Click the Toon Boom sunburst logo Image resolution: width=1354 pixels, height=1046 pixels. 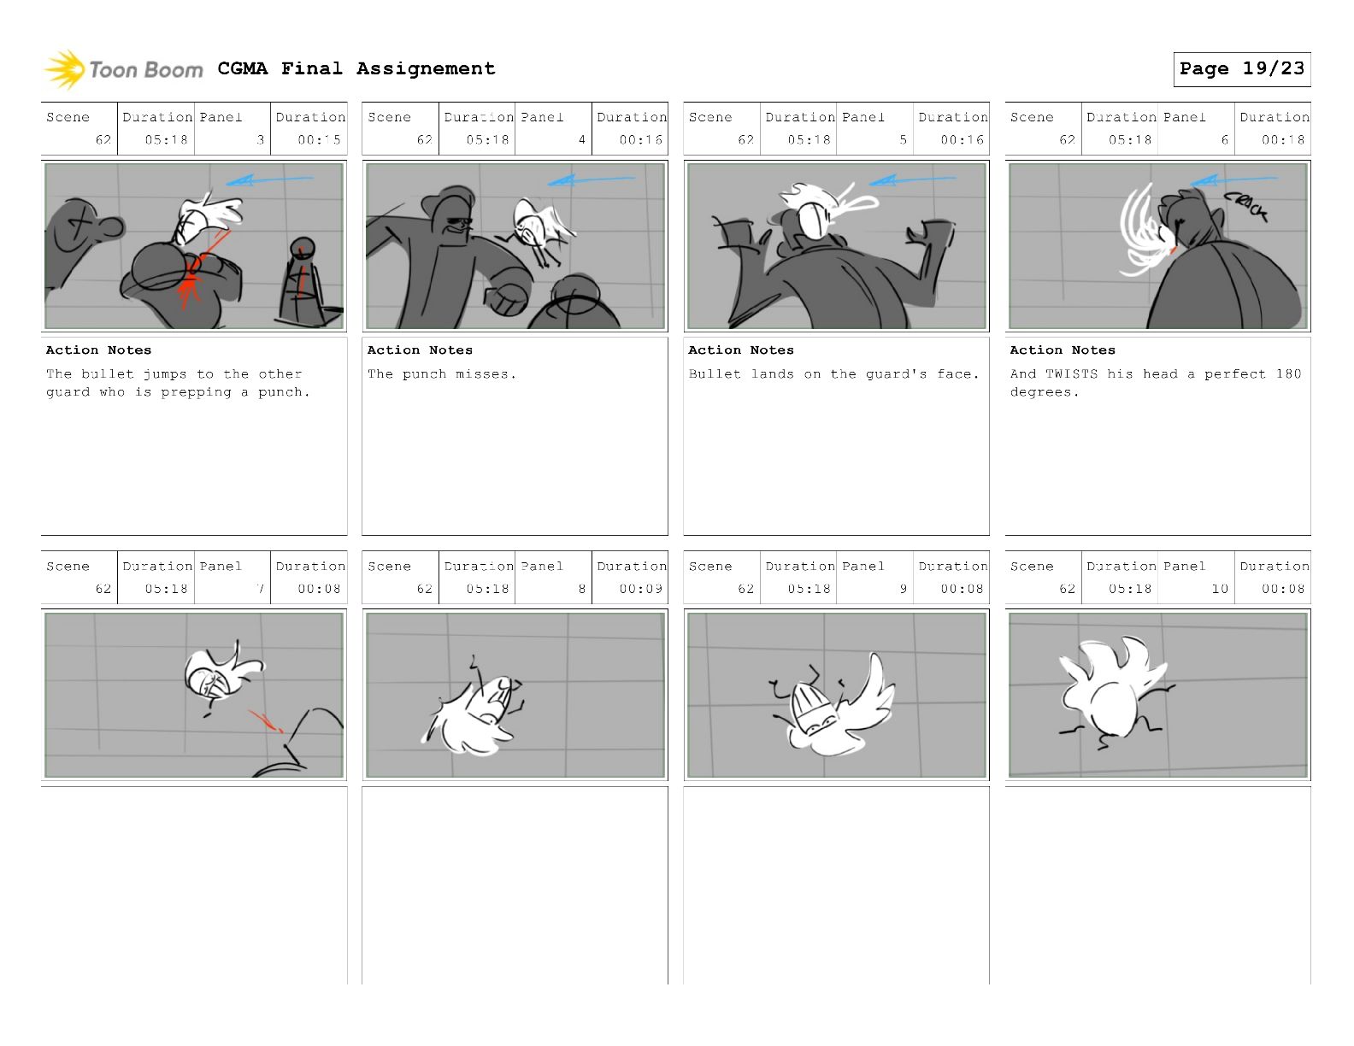point(64,70)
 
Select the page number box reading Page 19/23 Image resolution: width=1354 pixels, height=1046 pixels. point(1241,69)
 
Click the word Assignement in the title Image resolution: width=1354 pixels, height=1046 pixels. point(427,68)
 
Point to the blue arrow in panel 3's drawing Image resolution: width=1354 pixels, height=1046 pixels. point(269,180)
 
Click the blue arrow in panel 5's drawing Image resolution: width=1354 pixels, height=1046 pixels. point(912,180)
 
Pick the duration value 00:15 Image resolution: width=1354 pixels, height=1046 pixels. point(319,140)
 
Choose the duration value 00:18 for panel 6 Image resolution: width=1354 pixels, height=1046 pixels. point(1283,140)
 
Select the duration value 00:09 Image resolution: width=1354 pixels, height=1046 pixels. point(640,589)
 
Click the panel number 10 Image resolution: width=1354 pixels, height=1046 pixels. point(1220,589)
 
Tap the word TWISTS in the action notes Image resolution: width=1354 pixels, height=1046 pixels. point(1071,373)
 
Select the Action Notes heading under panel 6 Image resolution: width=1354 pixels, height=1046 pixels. point(1063,350)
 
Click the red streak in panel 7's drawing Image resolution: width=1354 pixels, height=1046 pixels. point(266,720)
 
